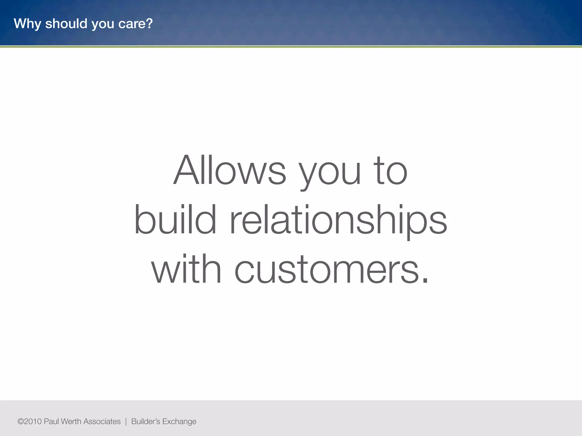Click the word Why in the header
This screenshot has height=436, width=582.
tap(27, 24)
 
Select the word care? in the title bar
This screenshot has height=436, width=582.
tap(136, 24)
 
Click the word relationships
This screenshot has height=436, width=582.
tap(338, 220)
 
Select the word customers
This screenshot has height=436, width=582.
tap(327, 269)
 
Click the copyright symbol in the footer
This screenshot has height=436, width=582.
tap(20, 422)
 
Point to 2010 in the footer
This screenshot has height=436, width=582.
tap(33, 422)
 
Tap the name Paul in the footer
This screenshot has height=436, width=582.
tap(51, 422)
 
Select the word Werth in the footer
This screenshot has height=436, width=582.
tap(71, 422)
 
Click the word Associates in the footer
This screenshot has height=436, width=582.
tap(102, 422)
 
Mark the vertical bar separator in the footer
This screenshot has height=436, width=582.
tap(126, 422)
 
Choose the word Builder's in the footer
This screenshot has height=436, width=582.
tap(146, 422)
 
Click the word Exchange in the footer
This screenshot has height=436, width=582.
tap(179, 422)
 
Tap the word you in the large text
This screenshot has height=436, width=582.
tap(330, 173)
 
